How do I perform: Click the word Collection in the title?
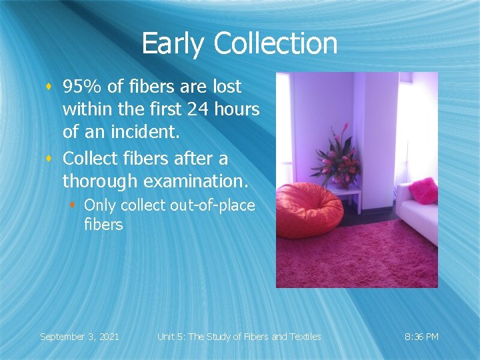pyautogui.click(x=275, y=44)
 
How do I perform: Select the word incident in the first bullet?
pyautogui.click(x=148, y=132)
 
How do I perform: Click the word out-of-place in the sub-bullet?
pyautogui.click(x=213, y=205)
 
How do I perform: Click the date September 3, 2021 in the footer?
pyautogui.click(x=79, y=337)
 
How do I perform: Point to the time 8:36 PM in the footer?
pyautogui.click(x=422, y=337)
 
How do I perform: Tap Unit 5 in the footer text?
pyautogui.click(x=171, y=337)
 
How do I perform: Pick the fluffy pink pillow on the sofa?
pyautogui.click(x=423, y=191)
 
